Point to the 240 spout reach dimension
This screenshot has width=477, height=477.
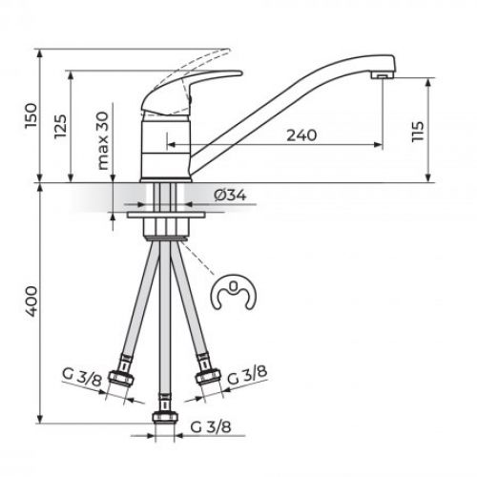301,136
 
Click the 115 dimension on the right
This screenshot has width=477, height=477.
417,131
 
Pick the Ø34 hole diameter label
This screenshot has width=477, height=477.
231,195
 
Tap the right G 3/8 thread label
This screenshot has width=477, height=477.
245,377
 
